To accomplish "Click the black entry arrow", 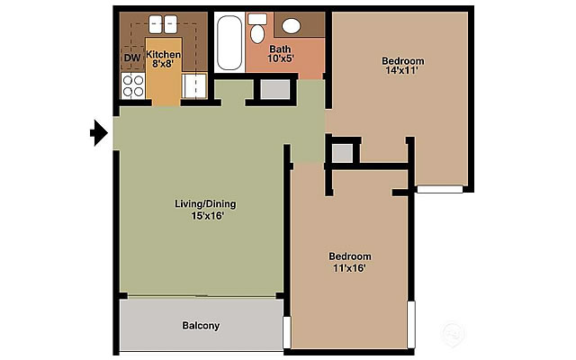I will (99, 134).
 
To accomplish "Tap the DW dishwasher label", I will (131, 58).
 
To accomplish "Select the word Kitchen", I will (164, 54).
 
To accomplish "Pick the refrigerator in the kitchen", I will (195, 86).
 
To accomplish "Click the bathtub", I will (228, 42).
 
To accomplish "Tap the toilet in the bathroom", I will (257, 31).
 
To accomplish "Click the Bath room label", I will (280, 49).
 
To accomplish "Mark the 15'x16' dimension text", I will (207, 216).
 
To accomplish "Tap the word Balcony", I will (201, 326).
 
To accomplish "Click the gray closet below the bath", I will (274, 88).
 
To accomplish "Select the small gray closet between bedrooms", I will (342, 152).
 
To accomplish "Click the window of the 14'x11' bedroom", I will (439, 190).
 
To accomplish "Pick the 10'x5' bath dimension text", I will (280, 60).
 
